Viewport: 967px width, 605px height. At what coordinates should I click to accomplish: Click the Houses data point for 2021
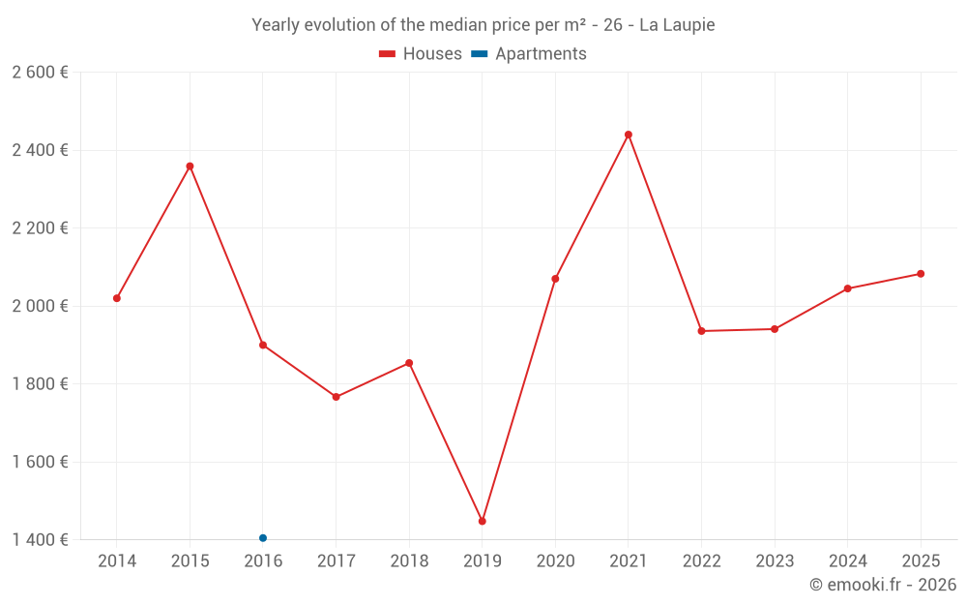point(629,135)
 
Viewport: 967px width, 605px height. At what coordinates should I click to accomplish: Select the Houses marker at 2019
point(483,521)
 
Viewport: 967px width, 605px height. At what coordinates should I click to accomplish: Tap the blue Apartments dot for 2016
point(263,538)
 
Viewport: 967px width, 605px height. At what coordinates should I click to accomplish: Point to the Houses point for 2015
point(190,166)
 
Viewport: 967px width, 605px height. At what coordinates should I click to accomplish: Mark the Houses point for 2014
point(117,298)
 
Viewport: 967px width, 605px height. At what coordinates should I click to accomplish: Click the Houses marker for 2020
point(555,279)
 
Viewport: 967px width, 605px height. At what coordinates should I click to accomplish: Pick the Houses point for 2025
point(921,274)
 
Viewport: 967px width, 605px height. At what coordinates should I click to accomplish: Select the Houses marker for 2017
point(336,397)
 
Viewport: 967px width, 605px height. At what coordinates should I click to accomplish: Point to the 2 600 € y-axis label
point(40,73)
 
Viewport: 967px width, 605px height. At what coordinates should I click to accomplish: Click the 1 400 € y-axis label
point(40,540)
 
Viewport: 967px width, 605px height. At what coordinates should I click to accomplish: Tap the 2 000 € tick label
point(40,306)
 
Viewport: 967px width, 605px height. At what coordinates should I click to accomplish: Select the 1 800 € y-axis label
point(40,384)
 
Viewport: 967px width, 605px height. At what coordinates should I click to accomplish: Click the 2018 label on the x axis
point(409,561)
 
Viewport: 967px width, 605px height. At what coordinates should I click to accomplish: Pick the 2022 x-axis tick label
point(701,561)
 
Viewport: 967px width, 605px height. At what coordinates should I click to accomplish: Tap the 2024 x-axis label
point(847,561)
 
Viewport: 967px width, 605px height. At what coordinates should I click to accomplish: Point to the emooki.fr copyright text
point(883,585)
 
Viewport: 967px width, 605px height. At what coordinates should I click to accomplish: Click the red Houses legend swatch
point(388,54)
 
